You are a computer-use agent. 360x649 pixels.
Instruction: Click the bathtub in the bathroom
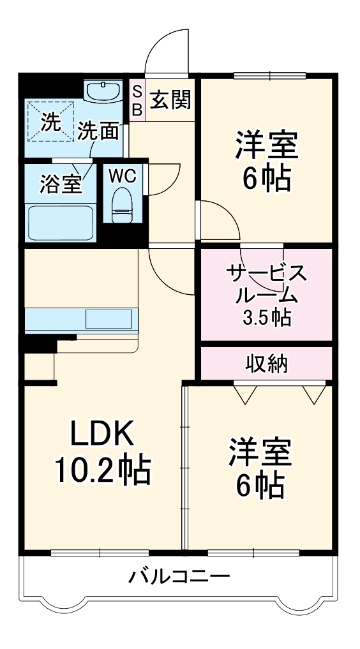point(61,221)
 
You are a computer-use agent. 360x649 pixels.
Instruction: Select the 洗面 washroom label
point(98,131)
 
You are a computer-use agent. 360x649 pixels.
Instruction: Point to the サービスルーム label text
point(267,284)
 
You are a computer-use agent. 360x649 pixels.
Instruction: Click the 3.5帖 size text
point(267,317)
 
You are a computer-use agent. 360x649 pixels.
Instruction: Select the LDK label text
point(102,435)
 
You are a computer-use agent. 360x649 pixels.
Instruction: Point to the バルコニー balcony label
point(179,578)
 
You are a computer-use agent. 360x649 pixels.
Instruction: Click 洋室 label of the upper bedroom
point(267,145)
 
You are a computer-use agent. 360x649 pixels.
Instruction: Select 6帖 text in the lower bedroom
point(261,486)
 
